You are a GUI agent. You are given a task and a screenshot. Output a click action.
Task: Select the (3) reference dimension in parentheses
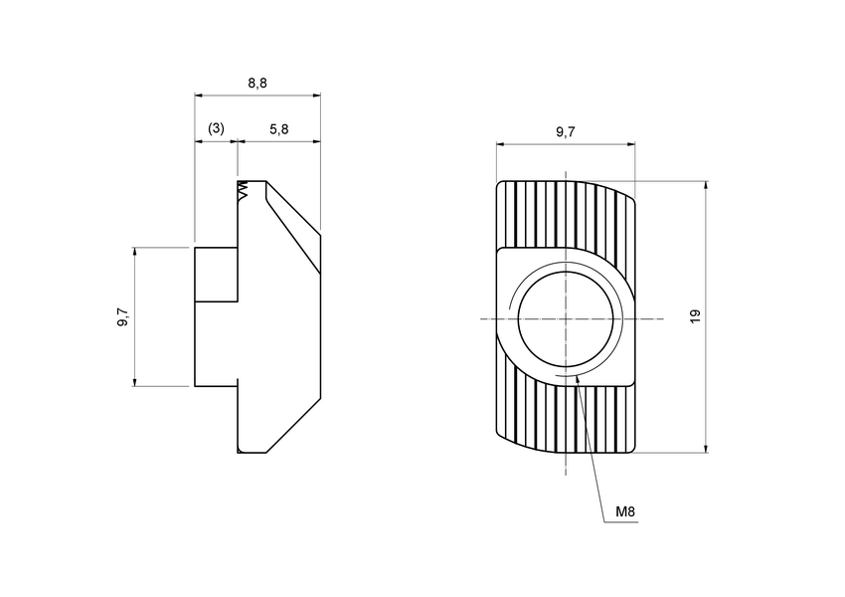click(216, 129)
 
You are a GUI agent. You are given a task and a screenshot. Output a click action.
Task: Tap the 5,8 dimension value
click(278, 129)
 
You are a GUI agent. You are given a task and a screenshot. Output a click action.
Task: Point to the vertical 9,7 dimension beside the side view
click(122, 317)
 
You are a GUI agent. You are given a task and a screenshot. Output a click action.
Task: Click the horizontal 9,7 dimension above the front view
click(565, 132)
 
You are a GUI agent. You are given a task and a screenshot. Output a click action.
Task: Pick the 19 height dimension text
click(695, 315)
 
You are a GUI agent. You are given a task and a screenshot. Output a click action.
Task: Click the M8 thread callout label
click(625, 512)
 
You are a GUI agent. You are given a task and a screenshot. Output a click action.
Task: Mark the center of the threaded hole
click(565, 318)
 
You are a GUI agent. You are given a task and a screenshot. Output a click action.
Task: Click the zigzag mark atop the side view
click(242, 191)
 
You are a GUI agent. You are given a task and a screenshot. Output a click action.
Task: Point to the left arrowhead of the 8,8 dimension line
click(199, 96)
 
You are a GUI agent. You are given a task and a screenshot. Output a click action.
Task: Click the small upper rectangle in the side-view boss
click(216, 275)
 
